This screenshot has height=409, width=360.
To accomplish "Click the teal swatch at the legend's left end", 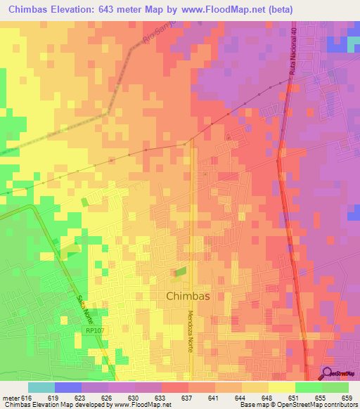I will [41, 387].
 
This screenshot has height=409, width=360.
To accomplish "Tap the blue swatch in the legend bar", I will [68, 387].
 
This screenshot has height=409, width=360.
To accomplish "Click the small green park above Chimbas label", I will [181, 271].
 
